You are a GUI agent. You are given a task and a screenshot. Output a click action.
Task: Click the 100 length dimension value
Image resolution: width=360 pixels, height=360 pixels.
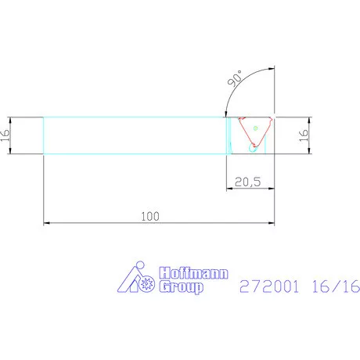tap(150, 216)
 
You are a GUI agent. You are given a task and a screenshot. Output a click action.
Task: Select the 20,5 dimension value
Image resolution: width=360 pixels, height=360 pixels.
tap(247, 182)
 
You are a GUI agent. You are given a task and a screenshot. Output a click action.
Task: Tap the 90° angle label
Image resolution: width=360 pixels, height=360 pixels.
tap(235, 78)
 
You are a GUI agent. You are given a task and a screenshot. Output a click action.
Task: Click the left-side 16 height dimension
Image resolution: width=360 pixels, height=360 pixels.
tap(5, 135)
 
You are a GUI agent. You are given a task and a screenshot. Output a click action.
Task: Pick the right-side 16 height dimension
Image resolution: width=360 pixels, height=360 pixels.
tap(304, 135)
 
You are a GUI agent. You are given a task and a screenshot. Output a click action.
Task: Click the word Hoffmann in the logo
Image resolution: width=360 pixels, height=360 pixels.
tap(194, 273)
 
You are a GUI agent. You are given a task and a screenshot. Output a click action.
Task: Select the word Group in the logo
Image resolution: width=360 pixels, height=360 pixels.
tap(182, 287)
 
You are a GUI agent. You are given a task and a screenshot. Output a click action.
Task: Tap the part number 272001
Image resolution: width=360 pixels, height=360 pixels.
tap(269, 286)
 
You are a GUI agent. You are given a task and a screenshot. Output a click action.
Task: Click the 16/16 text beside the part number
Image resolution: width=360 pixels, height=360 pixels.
tap(336, 286)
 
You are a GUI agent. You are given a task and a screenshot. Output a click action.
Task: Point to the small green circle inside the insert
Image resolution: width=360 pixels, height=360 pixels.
tap(256, 128)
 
